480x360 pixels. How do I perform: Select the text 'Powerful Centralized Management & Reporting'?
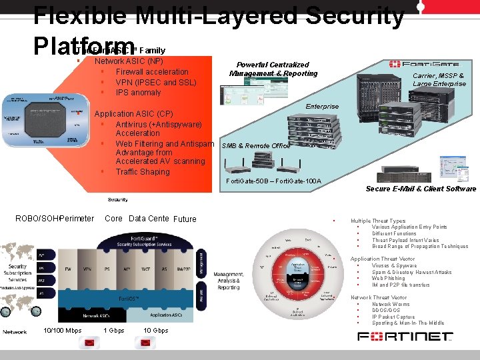[273, 69]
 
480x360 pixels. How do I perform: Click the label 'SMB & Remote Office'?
[256, 145]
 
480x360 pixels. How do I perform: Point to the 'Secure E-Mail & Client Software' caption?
[421, 189]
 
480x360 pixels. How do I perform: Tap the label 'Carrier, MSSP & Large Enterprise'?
[439, 80]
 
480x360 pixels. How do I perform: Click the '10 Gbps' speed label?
[155, 331]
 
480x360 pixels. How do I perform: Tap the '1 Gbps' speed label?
[114, 331]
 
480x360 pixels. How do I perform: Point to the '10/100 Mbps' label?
[62, 331]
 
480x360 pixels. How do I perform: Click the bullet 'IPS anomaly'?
[138, 93]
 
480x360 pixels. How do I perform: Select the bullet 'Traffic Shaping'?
[143, 172]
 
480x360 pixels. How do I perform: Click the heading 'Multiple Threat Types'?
[378, 221]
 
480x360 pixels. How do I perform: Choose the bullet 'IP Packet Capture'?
[393, 317]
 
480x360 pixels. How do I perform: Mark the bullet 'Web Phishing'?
[390, 279]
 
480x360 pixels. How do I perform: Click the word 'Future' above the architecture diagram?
[185, 219]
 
